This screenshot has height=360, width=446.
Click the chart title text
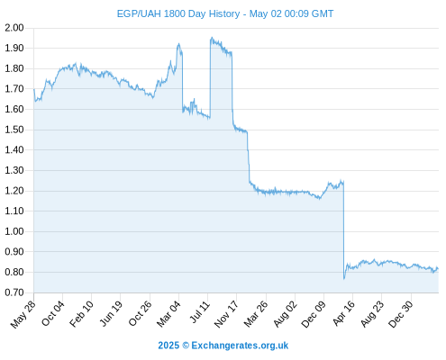[x=225, y=13]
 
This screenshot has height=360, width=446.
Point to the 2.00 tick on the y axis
[x=14, y=28]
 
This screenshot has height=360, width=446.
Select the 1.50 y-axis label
[x=14, y=130]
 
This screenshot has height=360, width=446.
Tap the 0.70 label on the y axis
[x=14, y=292]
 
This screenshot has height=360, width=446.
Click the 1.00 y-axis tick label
[x=14, y=231]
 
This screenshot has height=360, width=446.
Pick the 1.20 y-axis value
[x=14, y=191]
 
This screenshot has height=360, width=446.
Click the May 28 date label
[x=23, y=314]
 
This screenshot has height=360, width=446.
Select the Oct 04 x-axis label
[x=53, y=313]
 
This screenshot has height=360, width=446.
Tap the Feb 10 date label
[x=81, y=314]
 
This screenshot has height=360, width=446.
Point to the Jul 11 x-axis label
[x=200, y=312]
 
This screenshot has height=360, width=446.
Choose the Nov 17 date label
[x=226, y=314]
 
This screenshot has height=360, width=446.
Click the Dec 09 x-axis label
[x=314, y=314]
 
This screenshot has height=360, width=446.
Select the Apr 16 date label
[x=344, y=313]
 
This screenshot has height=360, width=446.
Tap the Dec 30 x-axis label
[x=401, y=314]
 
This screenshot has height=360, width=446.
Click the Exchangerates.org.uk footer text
[x=240, y=346]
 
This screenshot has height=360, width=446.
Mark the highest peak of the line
[x=212, y=38]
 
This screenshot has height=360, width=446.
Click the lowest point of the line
[x=344, y=279]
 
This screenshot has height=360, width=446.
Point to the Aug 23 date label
[x=372, y=314]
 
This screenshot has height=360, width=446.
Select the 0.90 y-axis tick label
[x=14, y=252]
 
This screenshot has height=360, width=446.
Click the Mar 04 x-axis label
[x=168, y=314]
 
